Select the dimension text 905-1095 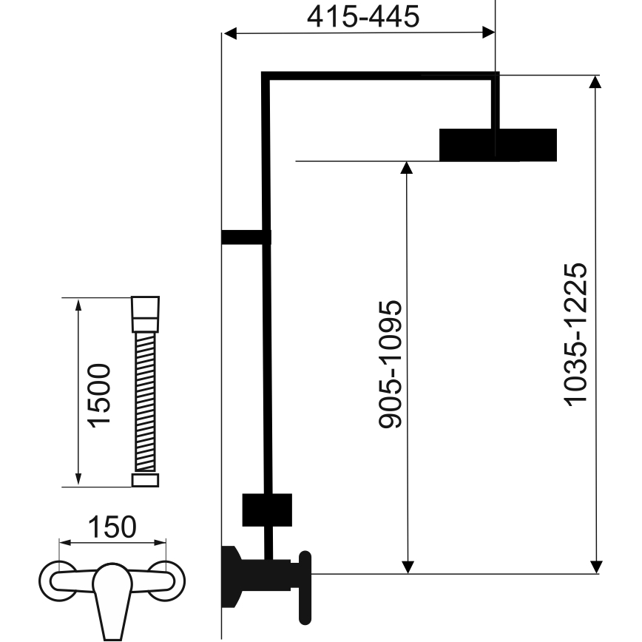click(x=391, y=364)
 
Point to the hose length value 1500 click(x=98, y=393)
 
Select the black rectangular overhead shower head click(x=497, y=144)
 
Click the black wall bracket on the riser click(x=244, y=237)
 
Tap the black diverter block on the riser click(x=267, y=510)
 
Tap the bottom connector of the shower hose click(x=145, y=480)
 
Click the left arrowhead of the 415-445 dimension click(x=229, y=33)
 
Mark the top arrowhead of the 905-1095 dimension click(x=405, y=167)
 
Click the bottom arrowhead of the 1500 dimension click(x=78, y=481)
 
